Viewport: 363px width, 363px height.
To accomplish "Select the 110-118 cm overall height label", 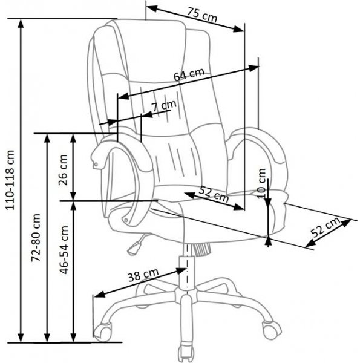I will (x=10, y=181).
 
